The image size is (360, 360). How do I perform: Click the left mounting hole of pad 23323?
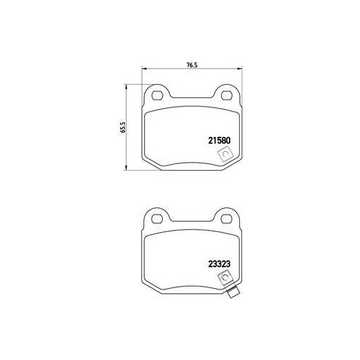click(x=158, y=218)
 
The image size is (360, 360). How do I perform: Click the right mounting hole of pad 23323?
click(x=225, y=218)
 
